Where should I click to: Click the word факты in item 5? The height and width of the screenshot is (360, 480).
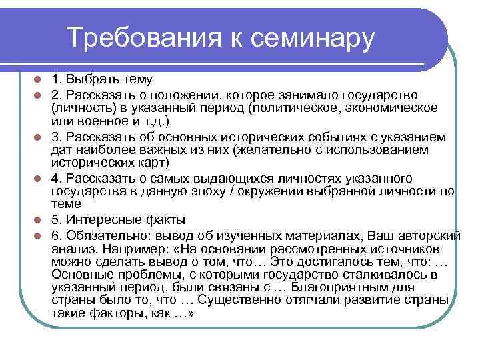165,220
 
